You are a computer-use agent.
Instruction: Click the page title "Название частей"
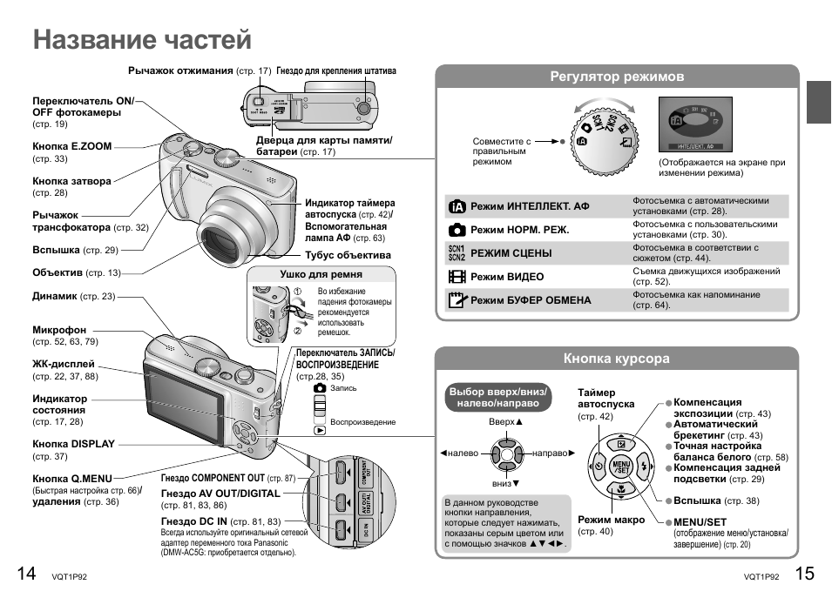pos(143,39)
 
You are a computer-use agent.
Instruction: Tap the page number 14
pos(26,573)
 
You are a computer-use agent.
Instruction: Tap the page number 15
pos(804,573)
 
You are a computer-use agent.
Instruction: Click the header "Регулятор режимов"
pos(617,77)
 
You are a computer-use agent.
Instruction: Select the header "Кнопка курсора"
pos(617,358)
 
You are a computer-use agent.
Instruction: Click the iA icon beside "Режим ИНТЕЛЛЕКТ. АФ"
pos(457,206)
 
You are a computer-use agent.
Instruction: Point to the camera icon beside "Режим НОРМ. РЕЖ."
pos(457,230)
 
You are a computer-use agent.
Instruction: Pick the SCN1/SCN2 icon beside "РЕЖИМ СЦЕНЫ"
pos(457,253)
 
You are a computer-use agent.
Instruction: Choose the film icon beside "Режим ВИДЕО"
pos(457,277)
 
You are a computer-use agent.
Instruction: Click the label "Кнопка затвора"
pos(72,182)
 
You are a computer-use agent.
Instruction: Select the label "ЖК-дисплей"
pos(64,365)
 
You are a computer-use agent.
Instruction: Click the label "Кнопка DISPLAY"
pos(74,444)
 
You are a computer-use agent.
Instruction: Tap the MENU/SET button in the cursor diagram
pos(621,466)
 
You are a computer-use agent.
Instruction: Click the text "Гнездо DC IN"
pos(194,520)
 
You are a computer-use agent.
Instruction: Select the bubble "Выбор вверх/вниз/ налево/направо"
pos(497,398)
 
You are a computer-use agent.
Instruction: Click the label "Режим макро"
pos(612,520)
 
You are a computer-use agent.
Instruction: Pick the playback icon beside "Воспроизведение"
pos(321,429)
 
